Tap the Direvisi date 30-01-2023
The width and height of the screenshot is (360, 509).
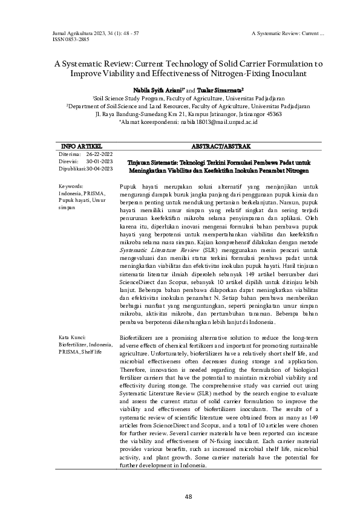tap(99, 162)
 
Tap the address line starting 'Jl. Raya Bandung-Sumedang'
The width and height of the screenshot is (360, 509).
tap(180, 113)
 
